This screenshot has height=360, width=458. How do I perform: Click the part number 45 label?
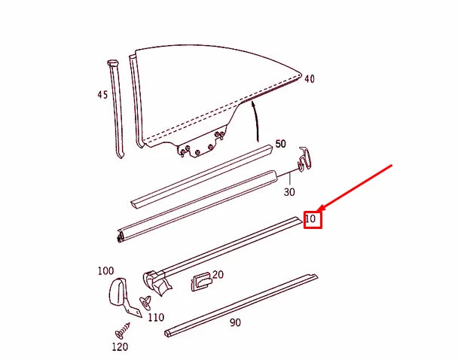(x=102, y=95)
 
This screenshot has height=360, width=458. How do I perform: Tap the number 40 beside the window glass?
(x=309, y=78)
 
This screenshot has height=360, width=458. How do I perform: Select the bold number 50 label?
(x=280, y=144)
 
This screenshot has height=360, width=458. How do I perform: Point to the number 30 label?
(x=289, y=193)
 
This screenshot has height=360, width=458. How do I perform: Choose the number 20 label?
(x=218, y=275)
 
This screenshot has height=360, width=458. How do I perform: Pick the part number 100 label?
(x=105, y=270)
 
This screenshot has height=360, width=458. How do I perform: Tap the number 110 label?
(x=156, y=318)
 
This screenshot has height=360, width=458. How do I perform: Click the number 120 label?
(x=120, y=347)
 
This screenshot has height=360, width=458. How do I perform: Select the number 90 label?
(x=235, y=323)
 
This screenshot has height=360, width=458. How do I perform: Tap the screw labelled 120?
(x=123, y=328)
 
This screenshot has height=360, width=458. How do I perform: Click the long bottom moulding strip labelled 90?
(x=241, y=305)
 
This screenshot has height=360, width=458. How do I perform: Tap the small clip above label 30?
(x=304, y=160)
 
